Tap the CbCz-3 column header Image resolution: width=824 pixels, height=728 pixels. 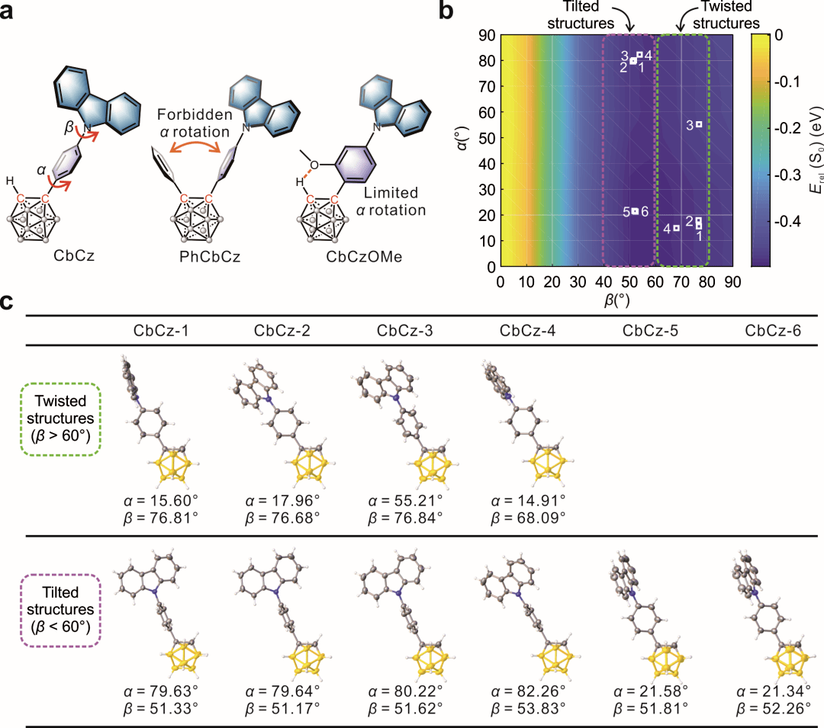[400, 331]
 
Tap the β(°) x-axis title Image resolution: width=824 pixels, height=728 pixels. [616, 300]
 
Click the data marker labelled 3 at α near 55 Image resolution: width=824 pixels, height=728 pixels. [698, 124]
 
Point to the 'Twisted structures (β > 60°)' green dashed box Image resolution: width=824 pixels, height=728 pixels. [59, 419]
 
